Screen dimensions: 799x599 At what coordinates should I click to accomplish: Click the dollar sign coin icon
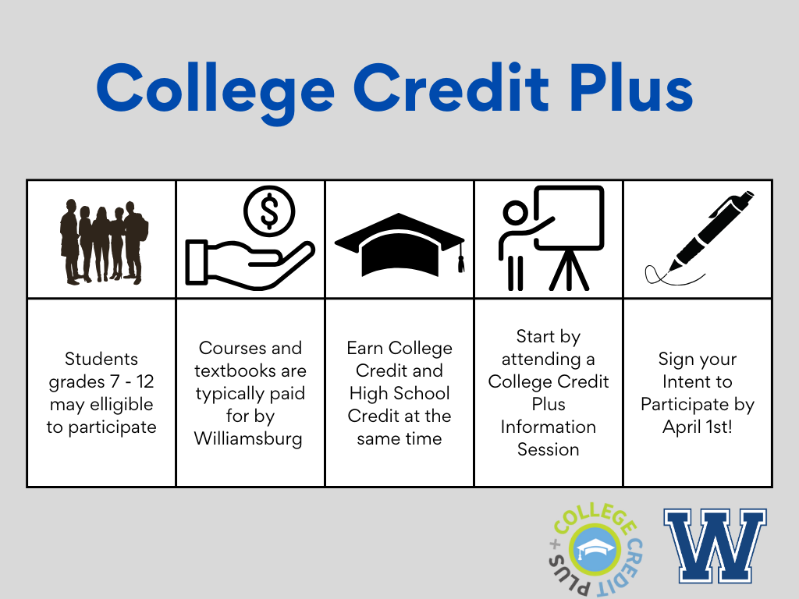tap(269, 211)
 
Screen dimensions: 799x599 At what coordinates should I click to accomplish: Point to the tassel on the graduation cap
tap(461, 259)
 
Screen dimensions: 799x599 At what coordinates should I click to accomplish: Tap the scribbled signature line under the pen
tap(673, 275)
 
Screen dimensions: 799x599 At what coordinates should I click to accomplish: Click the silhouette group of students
tap(104, 242)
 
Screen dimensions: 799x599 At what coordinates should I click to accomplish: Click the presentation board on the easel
tap(568, 218)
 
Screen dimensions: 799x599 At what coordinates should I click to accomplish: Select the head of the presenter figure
tap(515, 212)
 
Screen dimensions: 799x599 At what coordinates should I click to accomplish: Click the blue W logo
tap(715, 545)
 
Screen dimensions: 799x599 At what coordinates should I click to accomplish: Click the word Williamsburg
tap(248, 438)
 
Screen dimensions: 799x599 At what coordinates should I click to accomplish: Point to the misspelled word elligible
tap(121, 405)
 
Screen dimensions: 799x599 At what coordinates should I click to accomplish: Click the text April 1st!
tap(697, 427)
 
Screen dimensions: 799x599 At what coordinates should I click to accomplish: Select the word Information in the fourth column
tap(549, 427)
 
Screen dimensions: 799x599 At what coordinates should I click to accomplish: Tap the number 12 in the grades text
tap(144, 381)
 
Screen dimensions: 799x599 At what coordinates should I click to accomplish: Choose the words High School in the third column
tap(399, 394)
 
